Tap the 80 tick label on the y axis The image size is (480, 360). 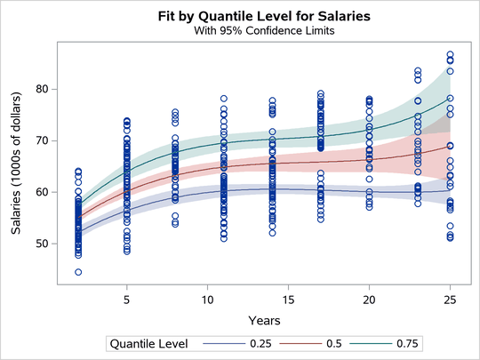[x=43, y=89]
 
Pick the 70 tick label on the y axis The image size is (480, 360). [x=43, y=140]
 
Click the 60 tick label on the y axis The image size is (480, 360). [x=43, y=192]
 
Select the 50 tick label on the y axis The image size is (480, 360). [x=43, y=244]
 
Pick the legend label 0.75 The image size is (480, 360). [x=404, y=343]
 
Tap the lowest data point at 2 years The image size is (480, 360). [x=78, y=272]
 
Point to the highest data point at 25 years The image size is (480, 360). [x=450, y=54]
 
